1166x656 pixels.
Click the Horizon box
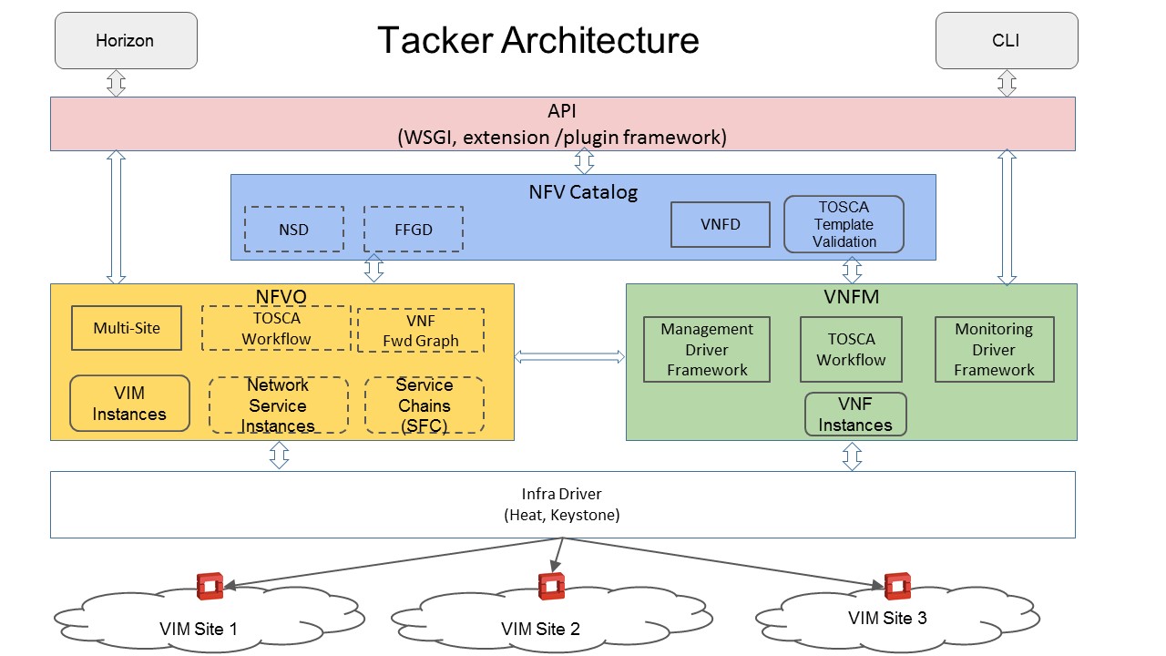[x=126, y=40]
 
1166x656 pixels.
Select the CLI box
[x=1007, y=40]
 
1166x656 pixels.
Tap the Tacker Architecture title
[x=538, y=40]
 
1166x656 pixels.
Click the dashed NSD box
[x=294, y=229]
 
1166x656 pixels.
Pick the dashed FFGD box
[x=414, y=229]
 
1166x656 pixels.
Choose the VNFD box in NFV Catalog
[x=720, y=224]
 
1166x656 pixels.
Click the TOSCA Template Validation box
[x=844, y=224]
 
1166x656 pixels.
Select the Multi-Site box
[x=126, y=328]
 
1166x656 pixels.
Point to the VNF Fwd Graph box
[x=421, y=330]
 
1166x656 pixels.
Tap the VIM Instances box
[x=129, y=404]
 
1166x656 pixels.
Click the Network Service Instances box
[x=278, y=405]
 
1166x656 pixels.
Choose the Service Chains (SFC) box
[x=424, y=405]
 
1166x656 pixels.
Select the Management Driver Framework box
[x=707, y=350]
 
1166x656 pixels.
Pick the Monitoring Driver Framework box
[x=994, y=350]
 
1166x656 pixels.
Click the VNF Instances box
[x=855, y=415]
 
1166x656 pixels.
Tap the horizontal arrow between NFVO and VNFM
[x=570, y=357]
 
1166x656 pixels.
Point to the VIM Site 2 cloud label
[x=540, y=629]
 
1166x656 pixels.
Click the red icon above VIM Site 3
[x=898, y=586]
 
